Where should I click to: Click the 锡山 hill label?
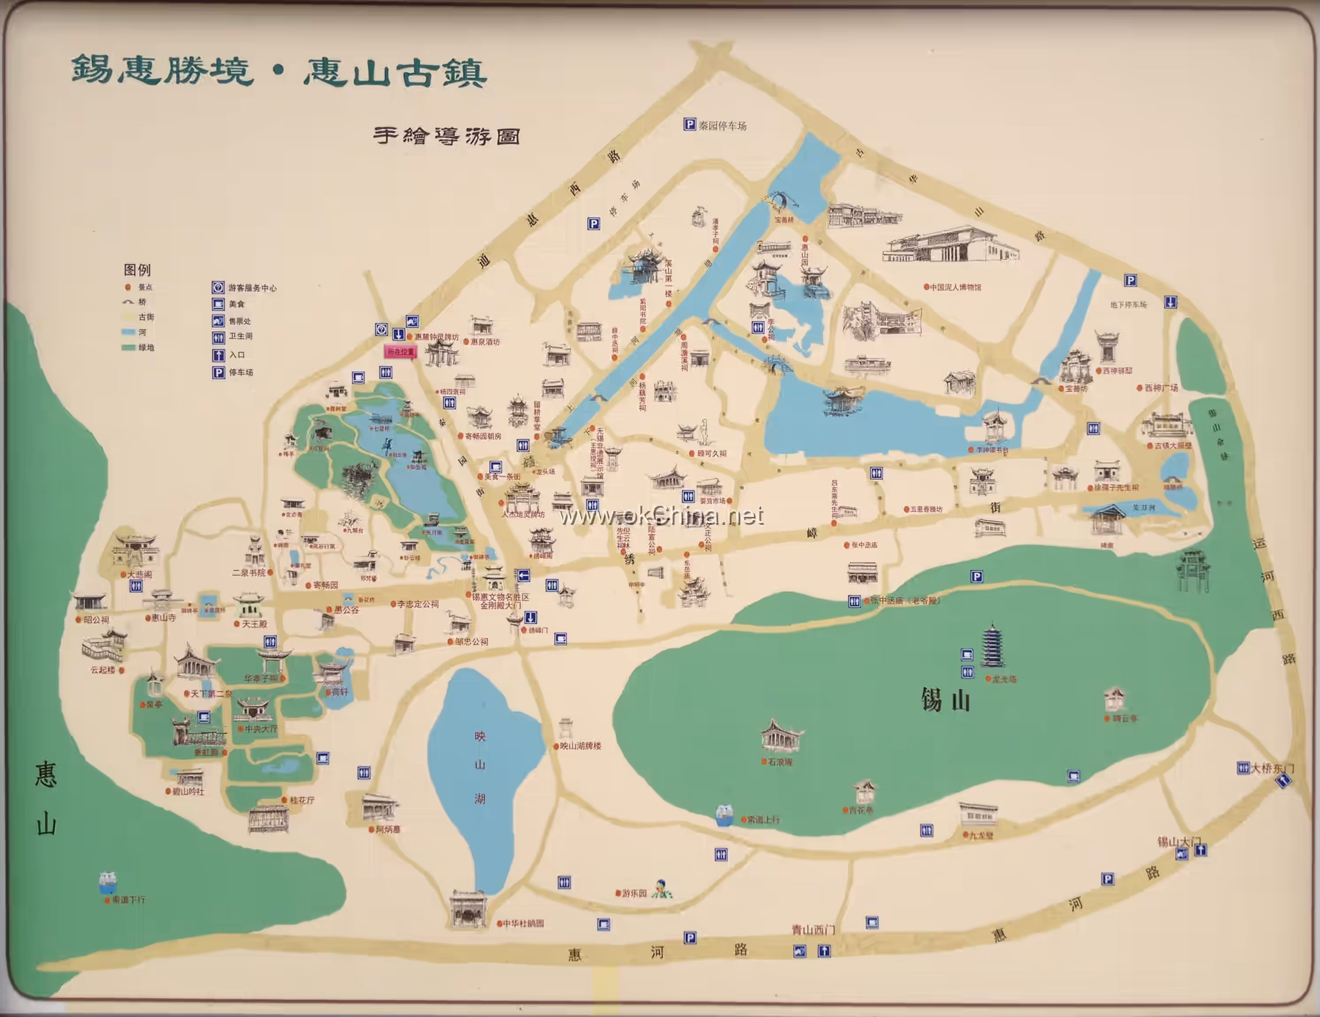tap(945, 701)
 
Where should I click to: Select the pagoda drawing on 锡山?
tap(992, 646)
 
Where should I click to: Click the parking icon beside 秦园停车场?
tap(689, 125)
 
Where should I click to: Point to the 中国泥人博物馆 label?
tap(955, 287)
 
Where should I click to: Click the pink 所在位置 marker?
tap(401, 351)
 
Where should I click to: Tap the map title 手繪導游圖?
tap(446, 136)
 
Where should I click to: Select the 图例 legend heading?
tap(137, 270)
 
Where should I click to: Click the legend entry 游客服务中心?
tap(252, 288)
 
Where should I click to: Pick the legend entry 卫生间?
tap(240, 336)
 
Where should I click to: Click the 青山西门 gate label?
tap(813, 930)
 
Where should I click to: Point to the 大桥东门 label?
tap(1272, 768)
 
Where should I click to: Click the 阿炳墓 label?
tap(387, 830)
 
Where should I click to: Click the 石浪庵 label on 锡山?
tap(780, 762)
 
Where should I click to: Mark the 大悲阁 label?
tap(140, 574)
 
